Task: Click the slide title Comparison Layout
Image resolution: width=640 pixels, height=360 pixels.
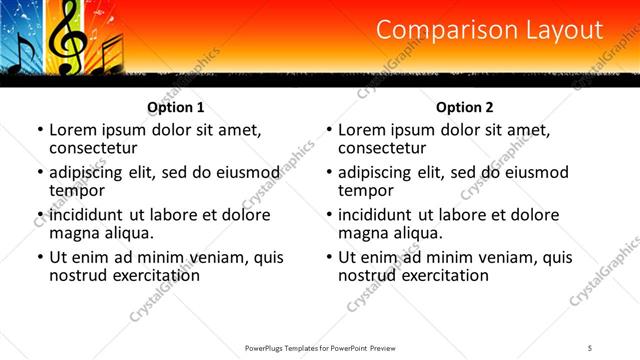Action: tap(490, 31)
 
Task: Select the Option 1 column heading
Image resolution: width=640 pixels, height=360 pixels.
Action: tap(176, 106)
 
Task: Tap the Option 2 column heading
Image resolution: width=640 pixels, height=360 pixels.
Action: tap(465, 106)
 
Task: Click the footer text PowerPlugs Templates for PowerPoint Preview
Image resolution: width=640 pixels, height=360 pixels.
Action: tap(320, 347)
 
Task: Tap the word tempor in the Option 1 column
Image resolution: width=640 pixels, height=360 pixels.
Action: tap(77, 190)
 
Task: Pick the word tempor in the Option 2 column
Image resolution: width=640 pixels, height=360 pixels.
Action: tap(366, 190)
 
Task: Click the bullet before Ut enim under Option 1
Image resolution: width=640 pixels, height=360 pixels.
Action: tap(39, 257)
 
